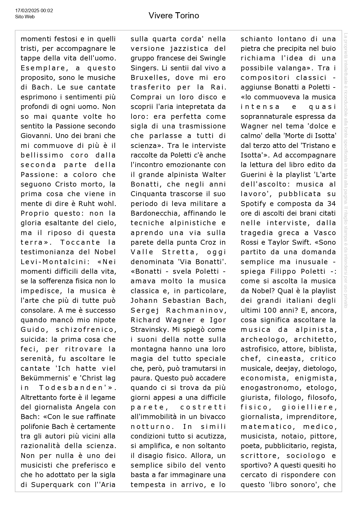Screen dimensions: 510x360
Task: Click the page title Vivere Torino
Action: pyautogui.click(x=174, y=15)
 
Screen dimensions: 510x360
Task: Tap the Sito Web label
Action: pyautogui.click(x=25, y=17)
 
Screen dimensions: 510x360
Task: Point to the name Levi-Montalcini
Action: pyautogui.click(x=55, y=262)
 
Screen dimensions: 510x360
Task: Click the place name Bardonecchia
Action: pyautogui.click(x=153, y=213)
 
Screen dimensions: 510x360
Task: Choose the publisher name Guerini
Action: pyautogui.click(x=253, y=174)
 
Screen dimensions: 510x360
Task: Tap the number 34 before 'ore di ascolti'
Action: pyautogui.click(x=331, y=203)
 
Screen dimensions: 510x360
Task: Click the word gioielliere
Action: pyautogui.click(x=309, y=407)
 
